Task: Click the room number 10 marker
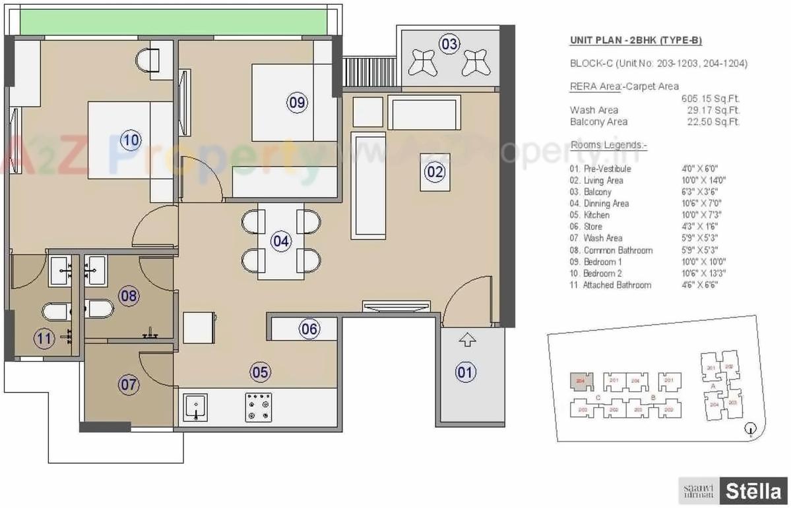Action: (130, 140)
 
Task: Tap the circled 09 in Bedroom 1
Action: (297, 101)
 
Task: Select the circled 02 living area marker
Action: (435, 173)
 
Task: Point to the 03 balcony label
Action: (449, 45)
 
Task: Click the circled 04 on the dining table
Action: (281, 241)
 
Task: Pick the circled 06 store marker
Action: (309, 329)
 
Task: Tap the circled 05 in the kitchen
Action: (260, 372)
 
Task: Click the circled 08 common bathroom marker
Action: (129, 296)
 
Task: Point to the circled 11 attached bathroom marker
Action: (44, 339)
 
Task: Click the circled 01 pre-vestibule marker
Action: (466, 373)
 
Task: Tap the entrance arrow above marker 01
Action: (467, 340)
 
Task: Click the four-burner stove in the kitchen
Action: (259, 407)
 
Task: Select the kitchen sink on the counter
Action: (195, 407)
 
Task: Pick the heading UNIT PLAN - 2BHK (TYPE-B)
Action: (635, 41)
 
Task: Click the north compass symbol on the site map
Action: (749, 430)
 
